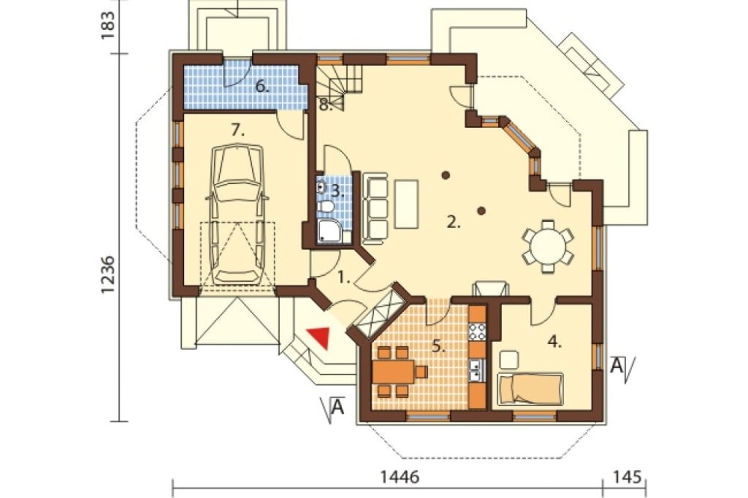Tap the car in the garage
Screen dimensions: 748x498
237,214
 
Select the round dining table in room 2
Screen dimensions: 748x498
548,246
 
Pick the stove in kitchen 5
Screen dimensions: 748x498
477,331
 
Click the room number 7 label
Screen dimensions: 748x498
237,129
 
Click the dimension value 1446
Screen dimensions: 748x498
399,477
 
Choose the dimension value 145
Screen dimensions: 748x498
627,477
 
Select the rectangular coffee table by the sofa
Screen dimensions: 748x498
406,204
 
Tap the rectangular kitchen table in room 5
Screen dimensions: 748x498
393,372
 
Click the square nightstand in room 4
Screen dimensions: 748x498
509,360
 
